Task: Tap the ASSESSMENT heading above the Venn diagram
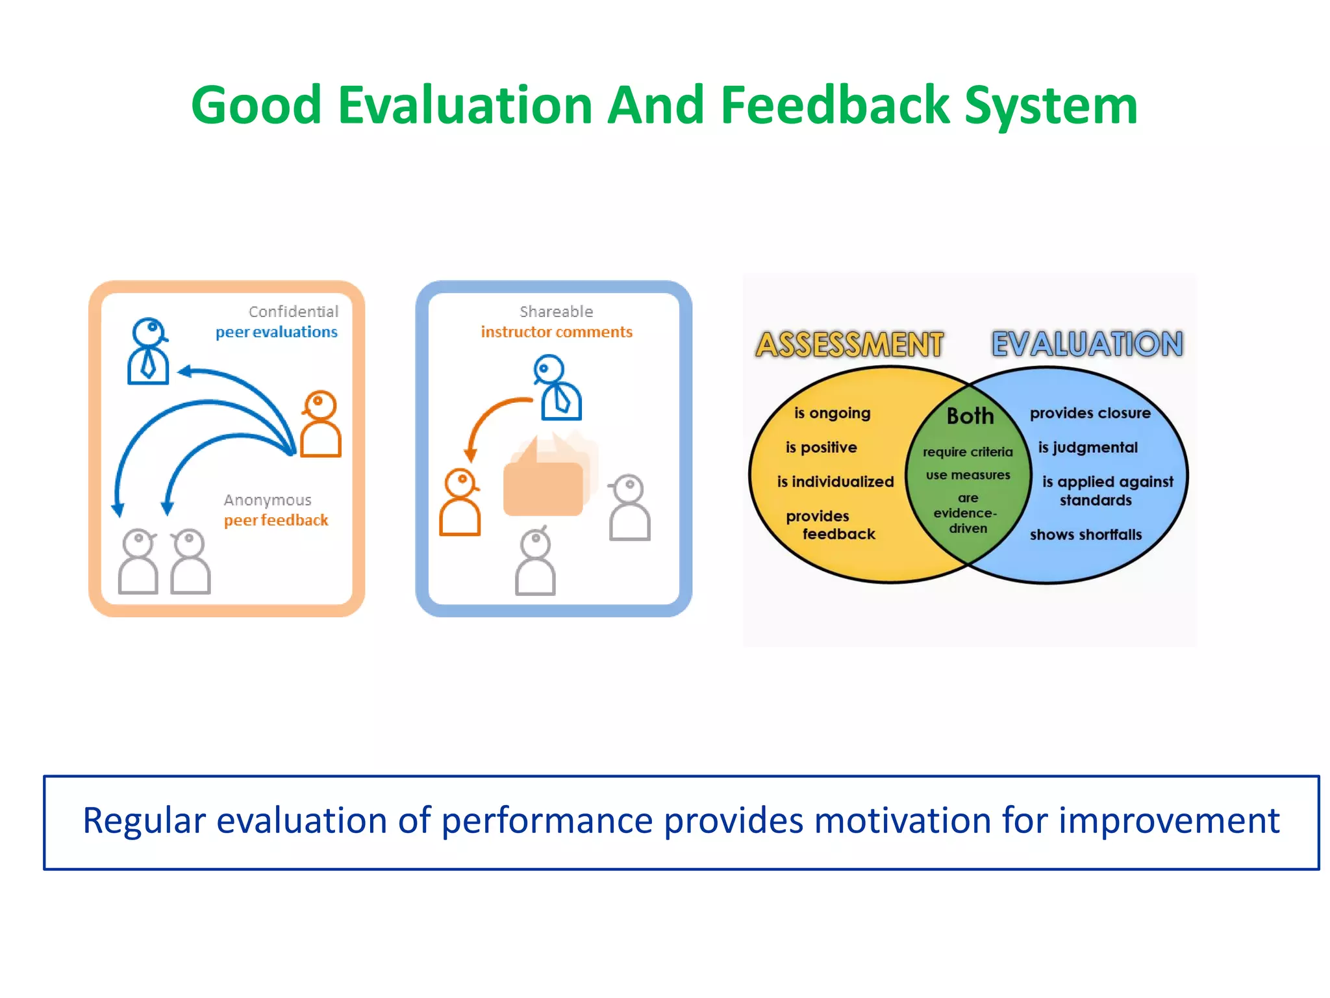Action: click(x=849, y=344)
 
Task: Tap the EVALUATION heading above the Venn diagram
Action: click(x=1087, y=344)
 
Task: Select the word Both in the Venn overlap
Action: click(x=970, y=416)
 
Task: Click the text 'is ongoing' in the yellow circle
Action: click(x=832, y=413)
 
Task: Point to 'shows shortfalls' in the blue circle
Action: click(x=1085, y=535)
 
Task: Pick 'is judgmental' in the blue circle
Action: click(x=1087, y=448)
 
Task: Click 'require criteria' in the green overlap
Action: click(x=968, y=452)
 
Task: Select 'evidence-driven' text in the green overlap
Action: click(x=966, y=520)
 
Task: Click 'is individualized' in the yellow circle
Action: click(x=835, y=482)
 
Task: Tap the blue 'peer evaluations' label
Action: click(x=276, y=333)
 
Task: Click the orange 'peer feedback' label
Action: click(x=276, y=520)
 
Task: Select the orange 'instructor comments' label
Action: click(x=557, y=332)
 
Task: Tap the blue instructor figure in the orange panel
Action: click(x=149, y=352)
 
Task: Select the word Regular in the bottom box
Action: click(x=144, y=821)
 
